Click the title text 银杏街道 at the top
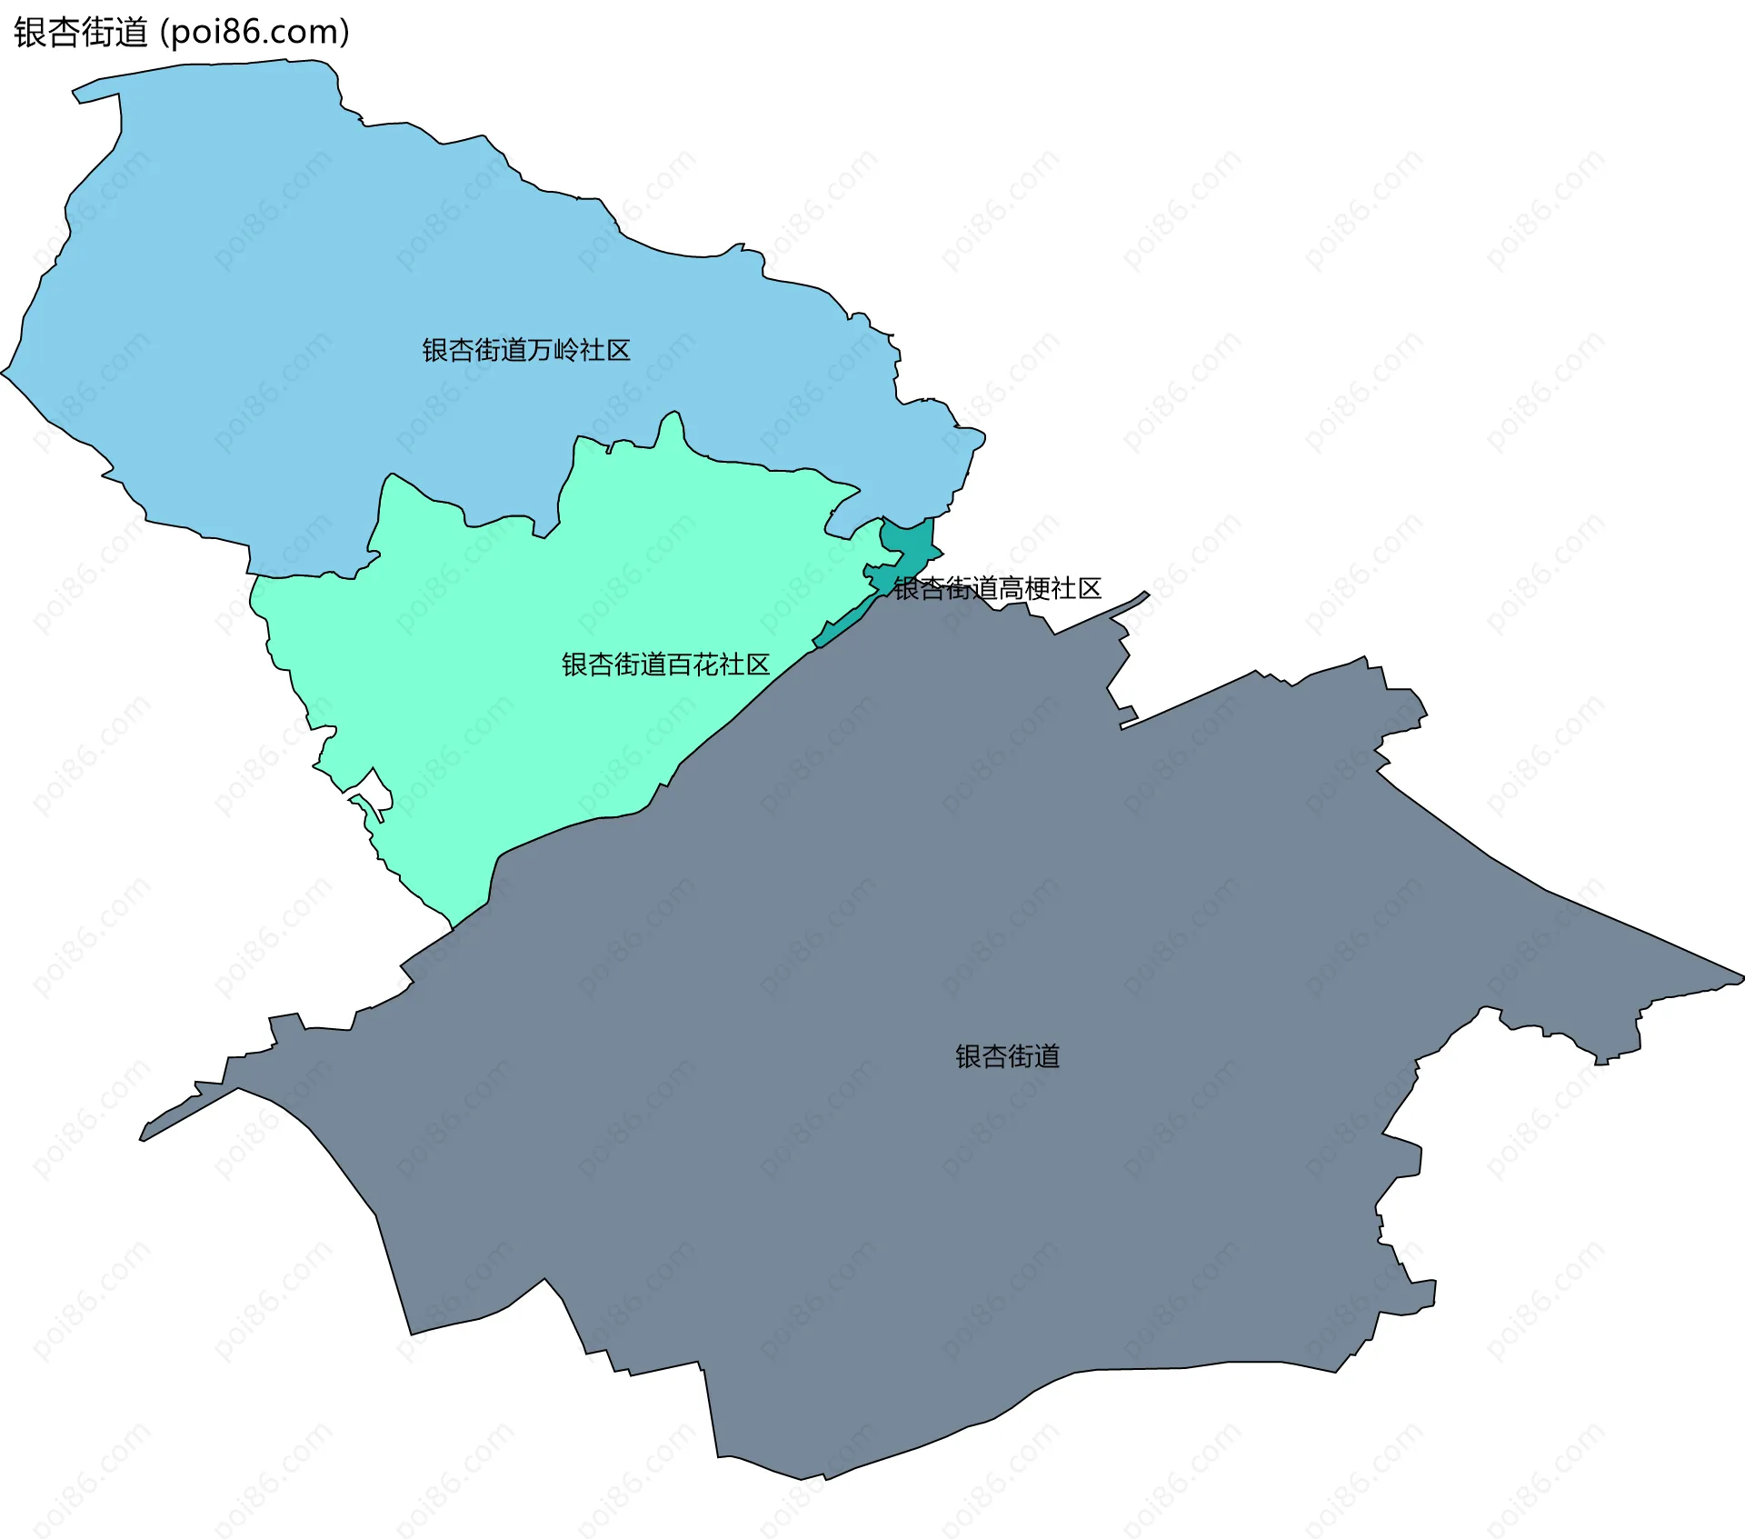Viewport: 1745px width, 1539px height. (80, 33)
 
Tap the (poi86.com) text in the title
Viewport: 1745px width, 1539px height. (254, 33)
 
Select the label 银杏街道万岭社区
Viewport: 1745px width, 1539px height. (526, 350)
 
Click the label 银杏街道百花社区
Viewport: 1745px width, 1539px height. (665, 665)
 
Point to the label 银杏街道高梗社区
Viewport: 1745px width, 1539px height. (997, 589)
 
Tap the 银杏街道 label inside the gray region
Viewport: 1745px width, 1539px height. (1007, 1056)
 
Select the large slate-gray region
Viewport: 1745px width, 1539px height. (909, 1182)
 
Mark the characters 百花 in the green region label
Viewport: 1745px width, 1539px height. (692, 665)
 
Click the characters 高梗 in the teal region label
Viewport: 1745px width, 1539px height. (1023, 589)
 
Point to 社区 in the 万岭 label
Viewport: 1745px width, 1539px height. (605, 350)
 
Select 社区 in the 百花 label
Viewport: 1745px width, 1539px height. (744, 665)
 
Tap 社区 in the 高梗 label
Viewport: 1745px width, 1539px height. (1076, 589)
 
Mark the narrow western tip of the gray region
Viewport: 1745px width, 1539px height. (145, 1135)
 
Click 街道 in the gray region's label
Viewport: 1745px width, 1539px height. (1033, 1056)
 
